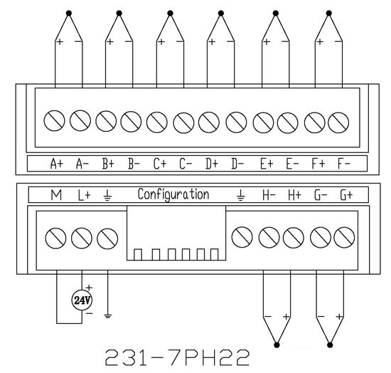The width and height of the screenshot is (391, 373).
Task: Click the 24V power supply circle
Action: coord(82,300)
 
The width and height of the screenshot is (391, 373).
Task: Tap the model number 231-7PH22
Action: coord(177,357)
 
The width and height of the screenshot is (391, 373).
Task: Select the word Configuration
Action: coord(173,194)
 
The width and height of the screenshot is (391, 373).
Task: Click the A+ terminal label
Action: coord(57,164)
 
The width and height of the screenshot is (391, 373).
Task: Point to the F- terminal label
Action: coord(344,164)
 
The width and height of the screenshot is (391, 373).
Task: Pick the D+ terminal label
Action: coord(212,164)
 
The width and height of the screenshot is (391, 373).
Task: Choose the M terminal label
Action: coord(56,195)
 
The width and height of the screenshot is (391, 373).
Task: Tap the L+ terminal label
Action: coord(84,195)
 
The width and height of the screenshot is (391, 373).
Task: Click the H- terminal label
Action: coord(269,195)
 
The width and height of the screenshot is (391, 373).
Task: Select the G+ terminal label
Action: coord(346,195)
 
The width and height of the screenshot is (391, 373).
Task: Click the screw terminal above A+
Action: coord(54,120)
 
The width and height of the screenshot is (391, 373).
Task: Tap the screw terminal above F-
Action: coord(338,122)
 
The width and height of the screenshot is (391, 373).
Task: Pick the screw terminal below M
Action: coord(55,238)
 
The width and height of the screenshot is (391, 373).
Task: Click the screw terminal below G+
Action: coord(344,238)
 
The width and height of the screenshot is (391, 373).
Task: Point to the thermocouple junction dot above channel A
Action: coord(69,14)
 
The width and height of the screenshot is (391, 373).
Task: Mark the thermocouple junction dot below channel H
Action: coord(277,345)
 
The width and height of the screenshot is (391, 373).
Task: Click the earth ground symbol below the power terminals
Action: coord(107,316)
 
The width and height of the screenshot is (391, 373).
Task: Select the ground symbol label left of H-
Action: coord(240,195)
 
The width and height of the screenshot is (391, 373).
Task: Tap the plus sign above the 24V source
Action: coord(89,288)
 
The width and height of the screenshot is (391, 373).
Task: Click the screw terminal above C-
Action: coord(184,123)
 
